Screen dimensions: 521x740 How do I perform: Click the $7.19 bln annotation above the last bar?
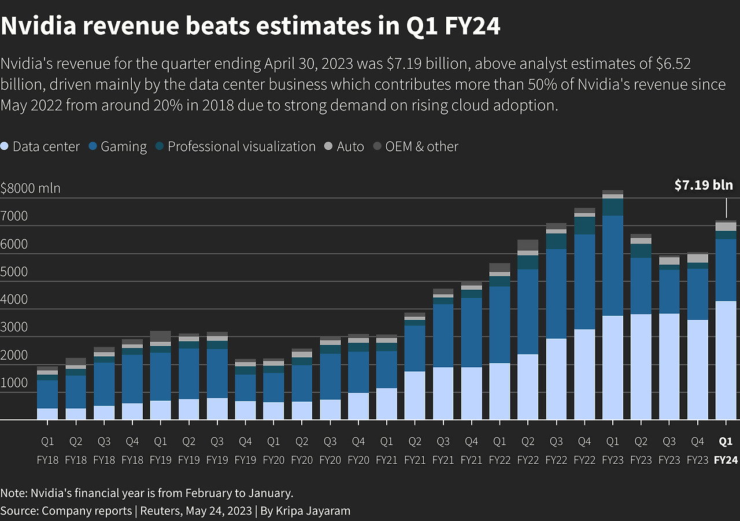704,185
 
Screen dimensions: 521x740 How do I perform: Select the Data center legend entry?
40,147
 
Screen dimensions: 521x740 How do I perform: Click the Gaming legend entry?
118,147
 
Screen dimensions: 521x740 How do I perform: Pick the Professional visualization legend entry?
236,147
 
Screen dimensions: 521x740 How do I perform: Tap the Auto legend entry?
345,147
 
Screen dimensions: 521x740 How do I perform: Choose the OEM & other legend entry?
416,147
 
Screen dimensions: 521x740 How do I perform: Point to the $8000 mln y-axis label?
30,189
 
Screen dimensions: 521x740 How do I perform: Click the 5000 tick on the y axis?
14,272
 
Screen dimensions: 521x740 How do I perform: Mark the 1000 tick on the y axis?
14,383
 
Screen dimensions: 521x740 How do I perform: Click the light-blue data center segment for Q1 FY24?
726,360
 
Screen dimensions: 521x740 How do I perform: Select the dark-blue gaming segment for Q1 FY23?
612,265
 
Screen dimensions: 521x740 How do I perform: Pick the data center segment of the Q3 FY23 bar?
669,367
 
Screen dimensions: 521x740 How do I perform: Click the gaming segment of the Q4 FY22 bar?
584,282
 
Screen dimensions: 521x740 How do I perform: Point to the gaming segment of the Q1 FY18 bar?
47,394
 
